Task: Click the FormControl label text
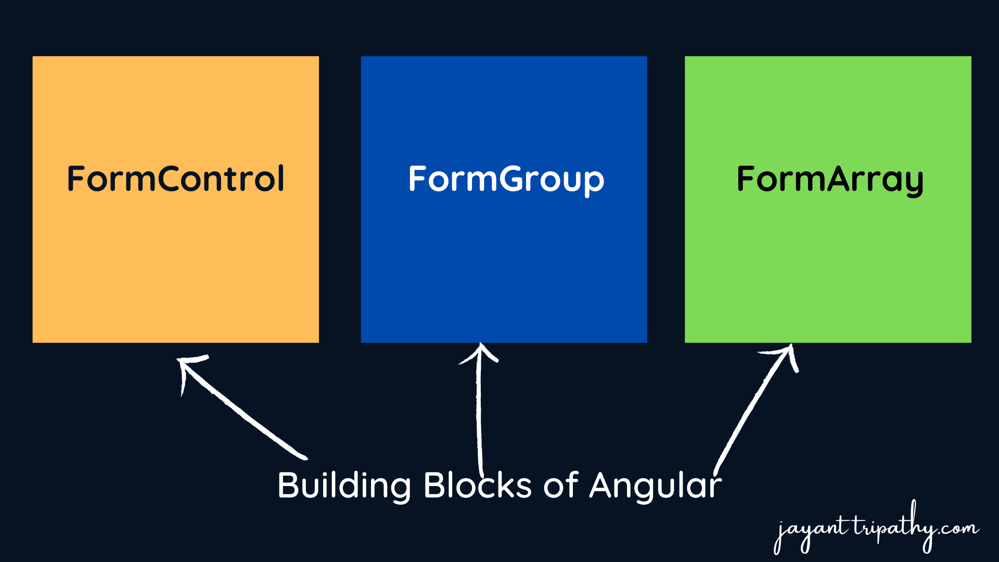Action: tap(176, 179)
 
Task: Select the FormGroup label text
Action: tap(506, 179)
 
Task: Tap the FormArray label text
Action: tap(829, 179)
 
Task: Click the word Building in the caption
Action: tap(344, 486)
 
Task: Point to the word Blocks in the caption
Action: tap(477, 486)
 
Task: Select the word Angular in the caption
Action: tap(655, 486)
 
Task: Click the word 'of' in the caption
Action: tap(560, 486)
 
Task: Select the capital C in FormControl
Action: tap(172, 179)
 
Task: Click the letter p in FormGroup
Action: tap(594, 182)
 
